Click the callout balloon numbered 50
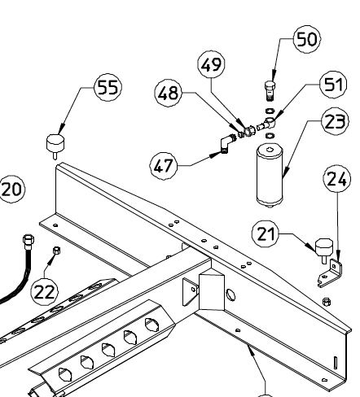307,39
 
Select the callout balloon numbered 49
212,64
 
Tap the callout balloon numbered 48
169,93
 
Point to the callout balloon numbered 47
164,166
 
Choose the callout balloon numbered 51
334,85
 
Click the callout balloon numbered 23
335,121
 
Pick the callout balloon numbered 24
337,178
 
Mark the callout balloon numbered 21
266,233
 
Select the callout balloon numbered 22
45,292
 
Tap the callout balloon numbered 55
108,87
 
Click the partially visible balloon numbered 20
12,189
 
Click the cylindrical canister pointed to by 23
270,175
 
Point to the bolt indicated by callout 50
270,91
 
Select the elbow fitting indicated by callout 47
226,143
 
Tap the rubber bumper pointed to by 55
55,146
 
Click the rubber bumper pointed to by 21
324,250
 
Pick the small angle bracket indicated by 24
331,273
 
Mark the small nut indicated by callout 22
56,250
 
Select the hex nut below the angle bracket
327,301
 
